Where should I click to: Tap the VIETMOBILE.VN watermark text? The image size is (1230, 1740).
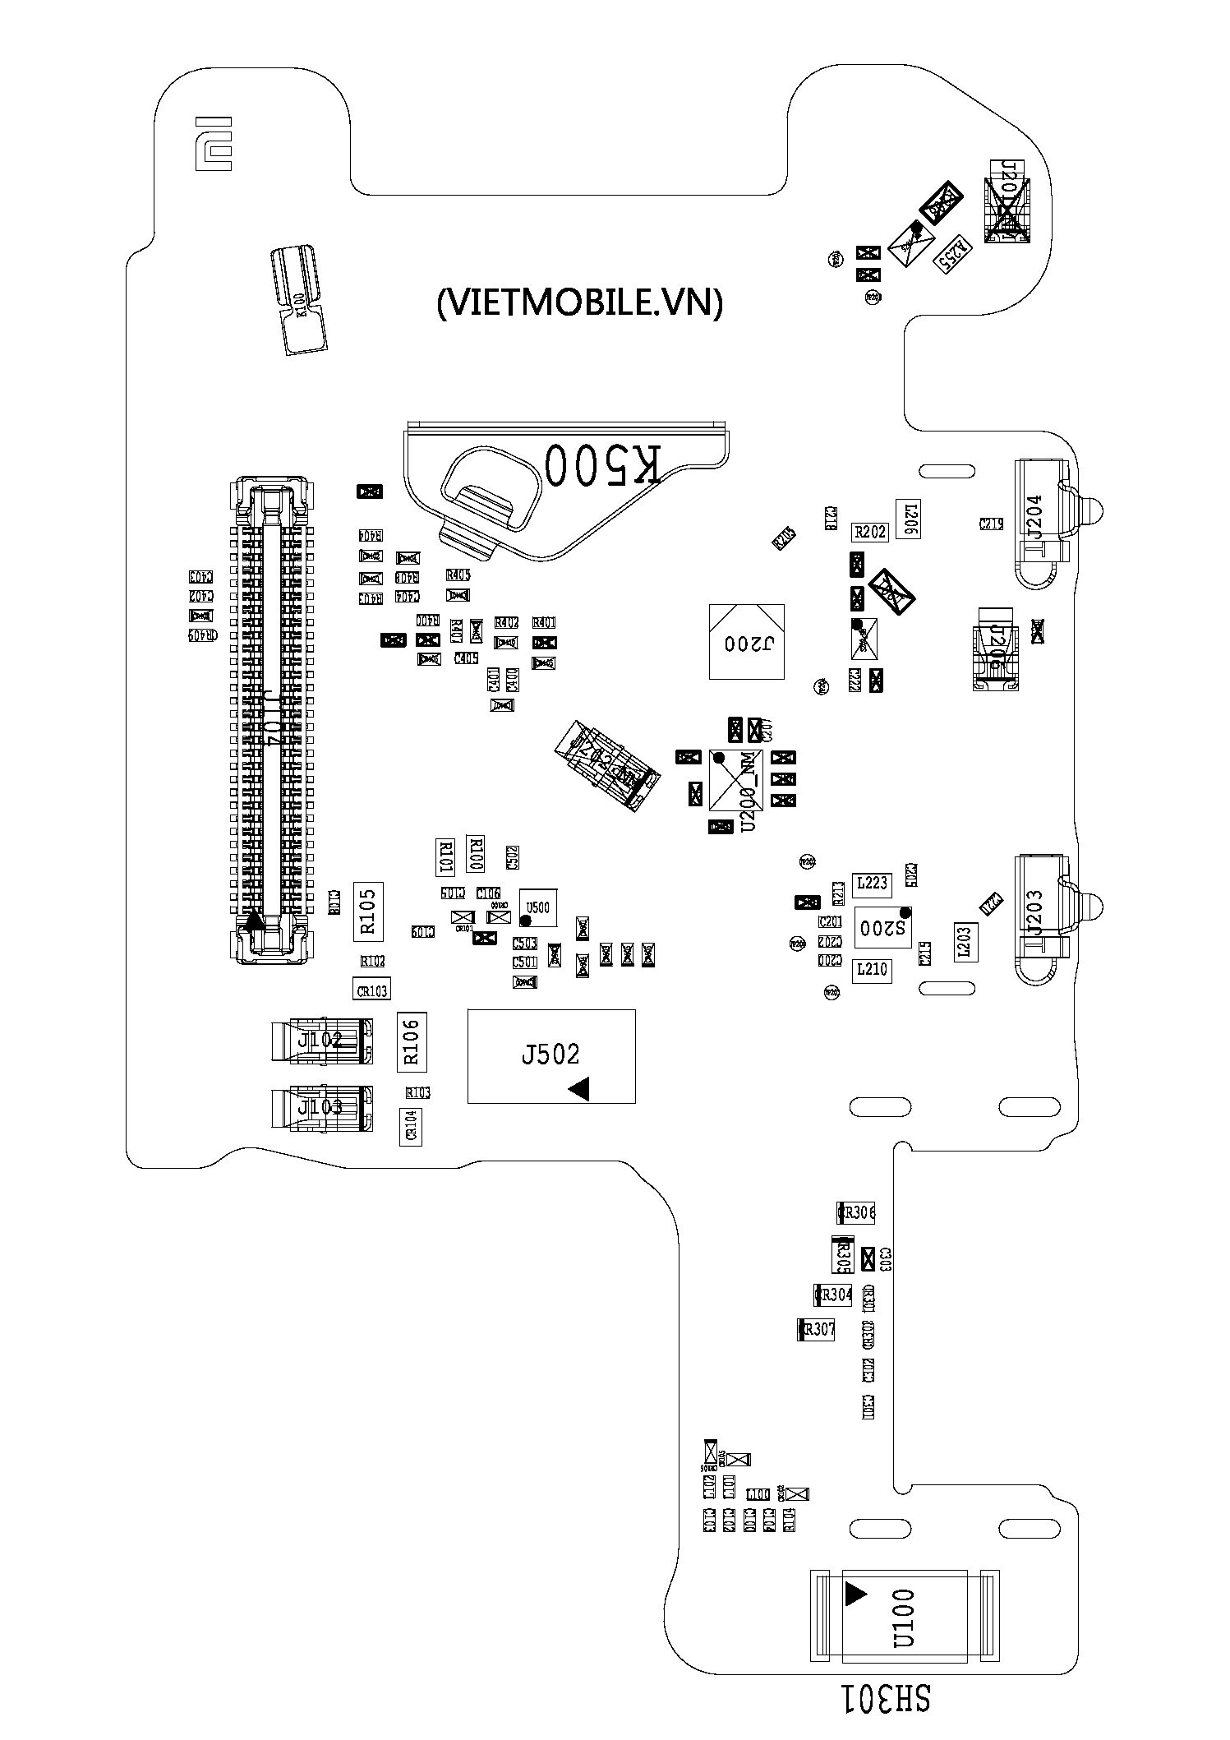pos(579,302)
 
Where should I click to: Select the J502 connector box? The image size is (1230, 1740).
pos(551,1055)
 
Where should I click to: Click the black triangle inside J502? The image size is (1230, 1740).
pos(580,1090)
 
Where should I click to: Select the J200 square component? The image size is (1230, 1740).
pos(746,642)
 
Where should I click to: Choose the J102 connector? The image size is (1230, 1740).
pos(321,1041)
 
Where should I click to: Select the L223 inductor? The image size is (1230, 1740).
pos(872,884)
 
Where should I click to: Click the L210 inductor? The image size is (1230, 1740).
pos(871,970)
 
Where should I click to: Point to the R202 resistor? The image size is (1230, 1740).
pos(870,532)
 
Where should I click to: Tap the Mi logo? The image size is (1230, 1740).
pos(213,143)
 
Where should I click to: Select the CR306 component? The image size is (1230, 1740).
pos(856,1212)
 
